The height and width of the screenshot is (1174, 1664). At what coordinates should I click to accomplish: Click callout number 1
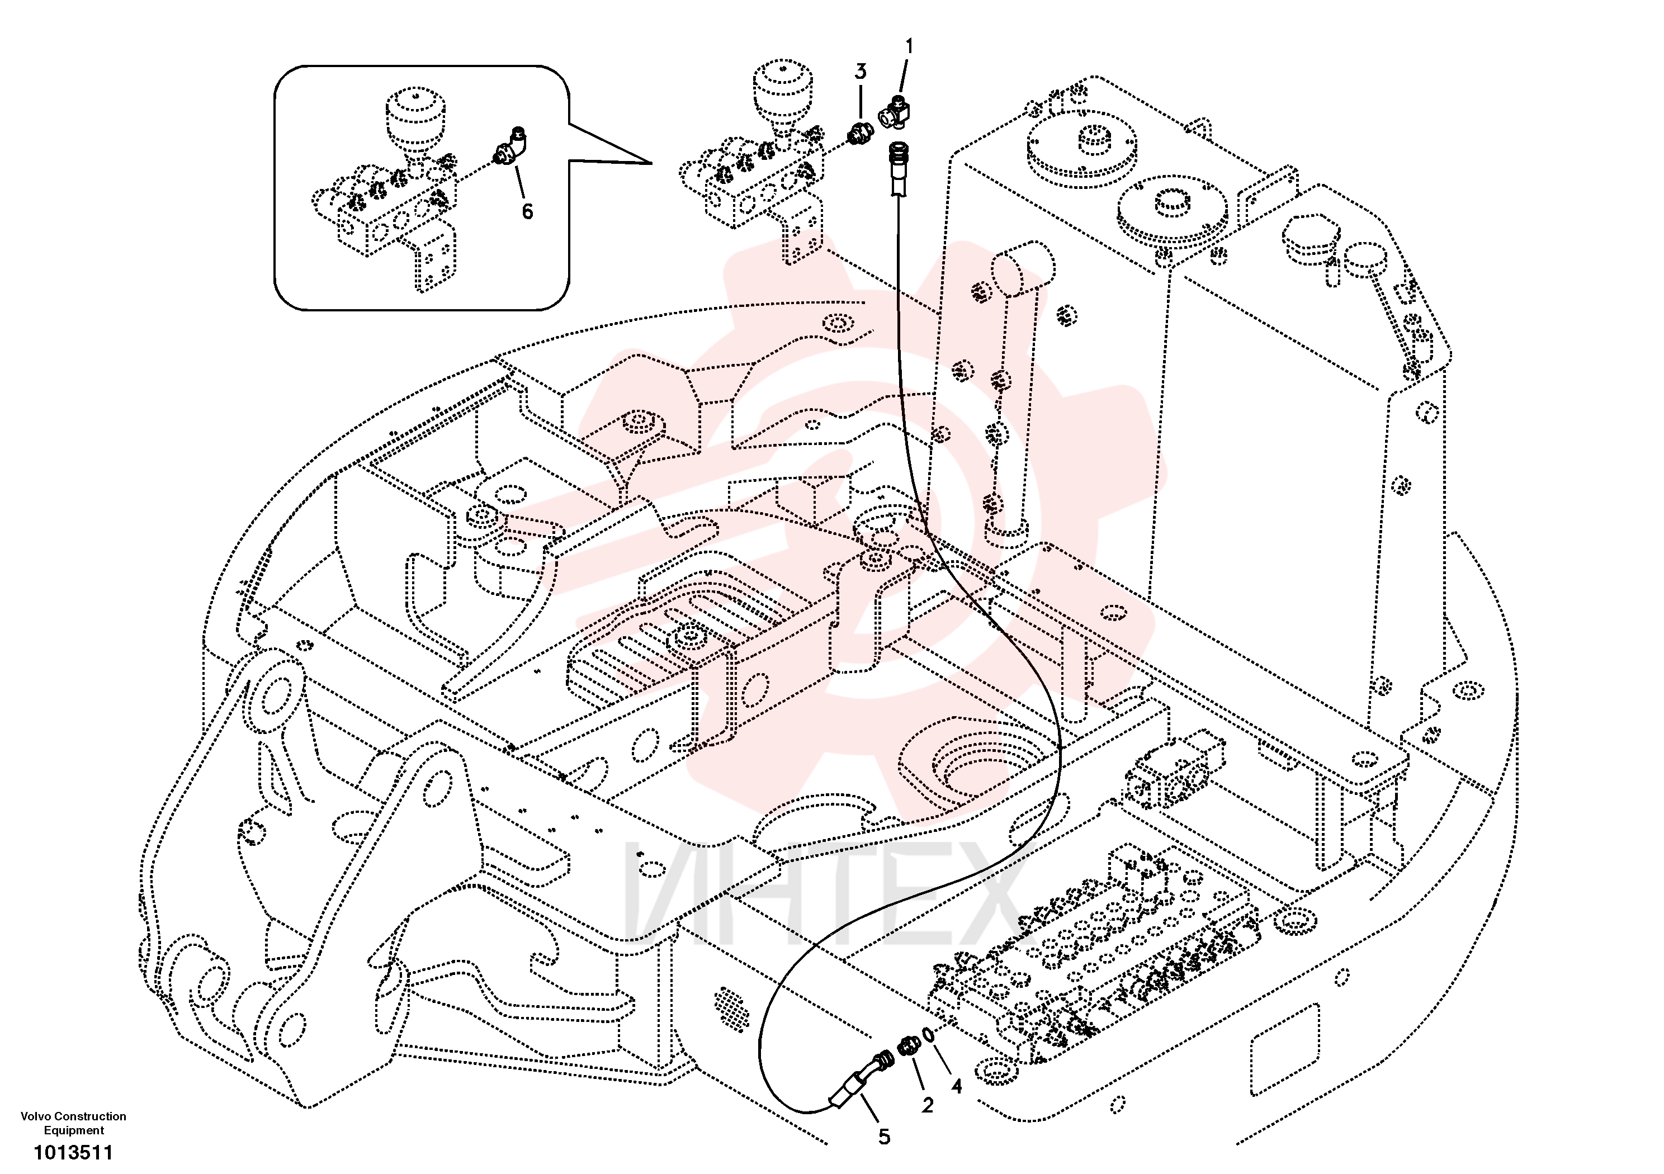tap(910, 47)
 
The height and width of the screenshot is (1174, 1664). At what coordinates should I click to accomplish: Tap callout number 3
tap(861, 72)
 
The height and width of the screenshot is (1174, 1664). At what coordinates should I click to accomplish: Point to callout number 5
tap(884, 1137)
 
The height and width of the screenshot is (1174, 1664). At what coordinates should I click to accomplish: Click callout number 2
tap(928, 1105)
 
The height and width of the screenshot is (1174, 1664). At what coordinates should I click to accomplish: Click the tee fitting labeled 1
tap(895, 112)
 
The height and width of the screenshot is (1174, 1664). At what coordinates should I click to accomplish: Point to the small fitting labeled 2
tap(909, 1046)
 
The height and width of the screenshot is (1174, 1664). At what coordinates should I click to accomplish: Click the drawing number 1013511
tap(73, 1152)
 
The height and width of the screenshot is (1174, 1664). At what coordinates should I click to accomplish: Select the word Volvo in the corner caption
tap(36, 1116)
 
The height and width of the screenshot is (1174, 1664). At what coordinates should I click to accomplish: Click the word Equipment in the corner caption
tap(73, 1130)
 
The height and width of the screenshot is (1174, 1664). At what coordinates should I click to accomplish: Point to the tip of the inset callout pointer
tap(651, 164)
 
